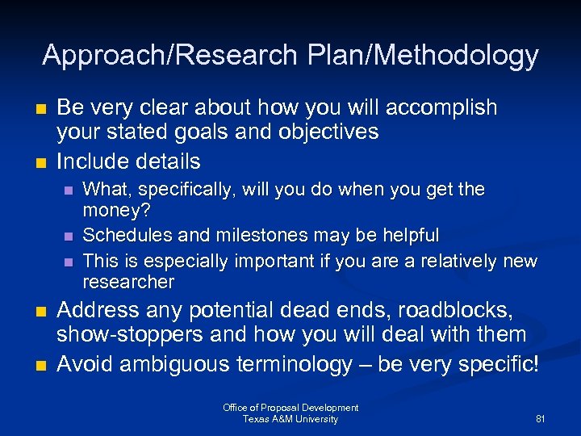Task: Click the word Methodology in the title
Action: [x=458, y=55]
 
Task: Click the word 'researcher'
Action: [x=128, y=282]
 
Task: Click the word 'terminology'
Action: [x=294, y=365]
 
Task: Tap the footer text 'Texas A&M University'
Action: [x=290, y=419]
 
